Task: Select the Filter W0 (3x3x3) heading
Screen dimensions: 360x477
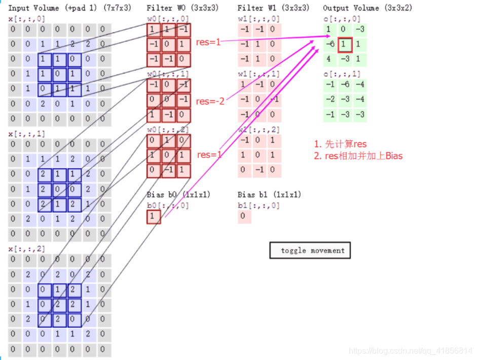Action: tap(183, 9)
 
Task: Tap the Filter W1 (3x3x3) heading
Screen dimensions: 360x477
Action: tap(274, 9)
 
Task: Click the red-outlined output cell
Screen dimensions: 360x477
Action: tap(345, 45)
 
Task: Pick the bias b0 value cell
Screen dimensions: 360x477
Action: tap(153, 217)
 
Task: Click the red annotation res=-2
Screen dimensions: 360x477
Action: tap(210, 101)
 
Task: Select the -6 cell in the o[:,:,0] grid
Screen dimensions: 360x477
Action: tap(329, 45)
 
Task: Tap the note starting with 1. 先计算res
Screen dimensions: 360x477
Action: tap(340, 145)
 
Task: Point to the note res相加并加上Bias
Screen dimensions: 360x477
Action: tap(358, 156)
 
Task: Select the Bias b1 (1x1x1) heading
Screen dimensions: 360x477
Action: tap(269, 195)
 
